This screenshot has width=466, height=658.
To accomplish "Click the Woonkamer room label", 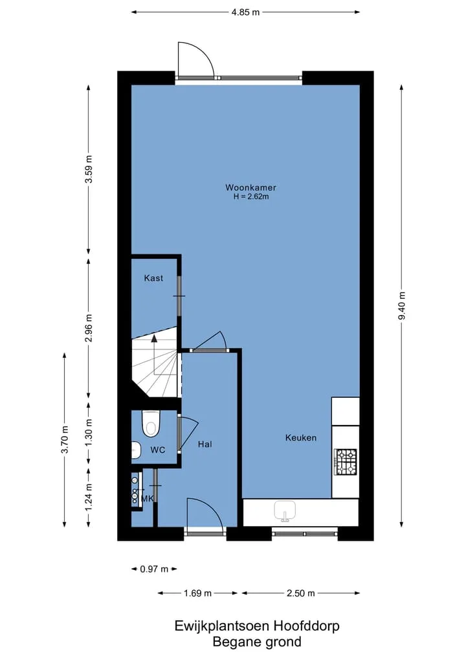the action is point(250,188).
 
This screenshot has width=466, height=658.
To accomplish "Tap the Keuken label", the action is point(300,437).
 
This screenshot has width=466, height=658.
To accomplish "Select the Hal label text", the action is point(205,444).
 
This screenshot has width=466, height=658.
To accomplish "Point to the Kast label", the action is point(153,278).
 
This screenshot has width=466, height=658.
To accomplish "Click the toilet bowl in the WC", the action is point(151,424).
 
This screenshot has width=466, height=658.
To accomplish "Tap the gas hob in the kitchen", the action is point(346,462).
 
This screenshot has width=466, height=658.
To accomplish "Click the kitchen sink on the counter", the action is point(285,511).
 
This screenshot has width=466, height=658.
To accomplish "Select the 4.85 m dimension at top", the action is point(245,12).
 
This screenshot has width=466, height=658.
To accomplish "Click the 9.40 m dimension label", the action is point(402,305).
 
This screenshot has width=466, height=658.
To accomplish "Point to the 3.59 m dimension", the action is point(89,169).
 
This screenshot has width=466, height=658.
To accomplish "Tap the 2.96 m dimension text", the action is point(89,328).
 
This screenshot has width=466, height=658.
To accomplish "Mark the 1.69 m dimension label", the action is point(197,593).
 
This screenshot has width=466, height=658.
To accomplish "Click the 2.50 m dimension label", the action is point(300,593).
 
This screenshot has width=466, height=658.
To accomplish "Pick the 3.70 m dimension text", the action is point(65,439).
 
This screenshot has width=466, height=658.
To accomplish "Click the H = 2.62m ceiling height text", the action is point(251,197).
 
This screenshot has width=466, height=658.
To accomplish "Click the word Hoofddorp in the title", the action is point(307,626).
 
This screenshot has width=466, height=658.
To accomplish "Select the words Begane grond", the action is point(257,642).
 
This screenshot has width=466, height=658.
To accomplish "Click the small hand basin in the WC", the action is point(136,450).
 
